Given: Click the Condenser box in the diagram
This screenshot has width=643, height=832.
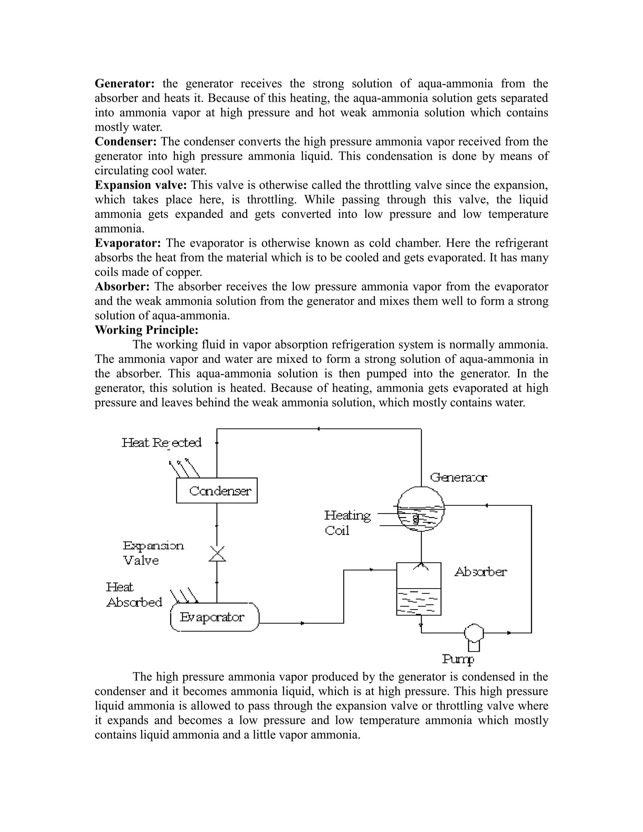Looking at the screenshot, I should tap(216, 490).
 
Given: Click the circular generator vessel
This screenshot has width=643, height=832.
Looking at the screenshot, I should tap(421, 509).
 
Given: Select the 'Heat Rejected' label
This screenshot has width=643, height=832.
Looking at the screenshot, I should tap(161, 443).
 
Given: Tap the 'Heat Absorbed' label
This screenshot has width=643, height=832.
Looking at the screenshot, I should tap(134, 595).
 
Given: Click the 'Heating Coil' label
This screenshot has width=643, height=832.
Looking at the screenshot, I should tap(347, 523).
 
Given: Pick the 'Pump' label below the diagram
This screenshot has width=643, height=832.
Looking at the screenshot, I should tap(458, 659).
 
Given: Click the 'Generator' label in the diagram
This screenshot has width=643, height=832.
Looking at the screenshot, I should tap(459, 477).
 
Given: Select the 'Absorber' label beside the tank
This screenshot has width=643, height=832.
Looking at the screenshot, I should tap(480, 572).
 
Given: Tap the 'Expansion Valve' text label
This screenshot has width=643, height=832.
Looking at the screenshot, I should tap(152, 553).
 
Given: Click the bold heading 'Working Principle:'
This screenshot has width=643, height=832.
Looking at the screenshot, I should tap(147, 330).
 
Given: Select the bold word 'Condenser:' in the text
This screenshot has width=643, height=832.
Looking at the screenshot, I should tap(126, 142).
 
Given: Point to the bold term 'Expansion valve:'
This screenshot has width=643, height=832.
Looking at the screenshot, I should tap(141, 185).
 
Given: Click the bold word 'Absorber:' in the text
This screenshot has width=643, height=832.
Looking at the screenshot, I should tap(122, 286).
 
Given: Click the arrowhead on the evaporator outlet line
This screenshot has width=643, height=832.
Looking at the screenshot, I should tap(302, 623).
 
